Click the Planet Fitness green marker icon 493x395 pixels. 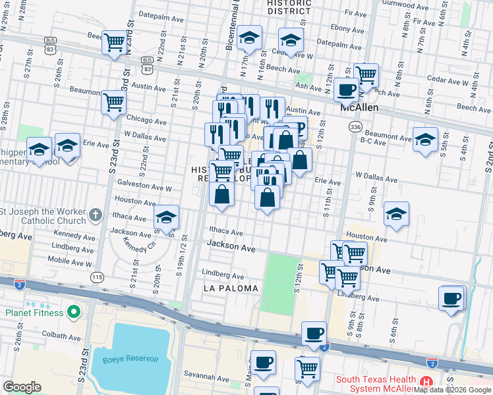74,311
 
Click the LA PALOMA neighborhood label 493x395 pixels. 228,289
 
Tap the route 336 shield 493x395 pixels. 356,126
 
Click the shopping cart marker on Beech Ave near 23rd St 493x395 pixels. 115,43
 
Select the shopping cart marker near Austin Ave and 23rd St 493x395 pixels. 113,103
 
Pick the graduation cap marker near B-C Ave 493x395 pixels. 425,140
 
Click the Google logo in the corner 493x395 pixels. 22,387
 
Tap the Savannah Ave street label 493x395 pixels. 207,377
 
